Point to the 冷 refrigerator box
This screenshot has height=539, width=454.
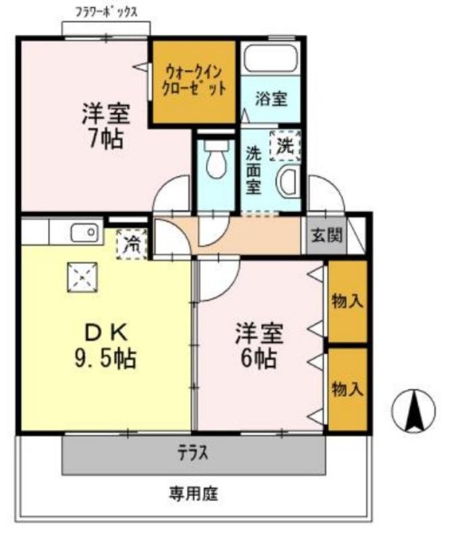tap(132, 245)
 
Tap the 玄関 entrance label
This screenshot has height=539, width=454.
tap(327, 236)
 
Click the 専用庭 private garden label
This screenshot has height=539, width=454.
tap(193, 494)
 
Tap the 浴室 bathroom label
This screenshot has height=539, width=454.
tap(272, 99)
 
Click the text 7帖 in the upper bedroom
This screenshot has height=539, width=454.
tap(105, 138)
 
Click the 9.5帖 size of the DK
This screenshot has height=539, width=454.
tap(105, 357)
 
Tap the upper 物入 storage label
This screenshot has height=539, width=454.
tap(348, 301)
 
